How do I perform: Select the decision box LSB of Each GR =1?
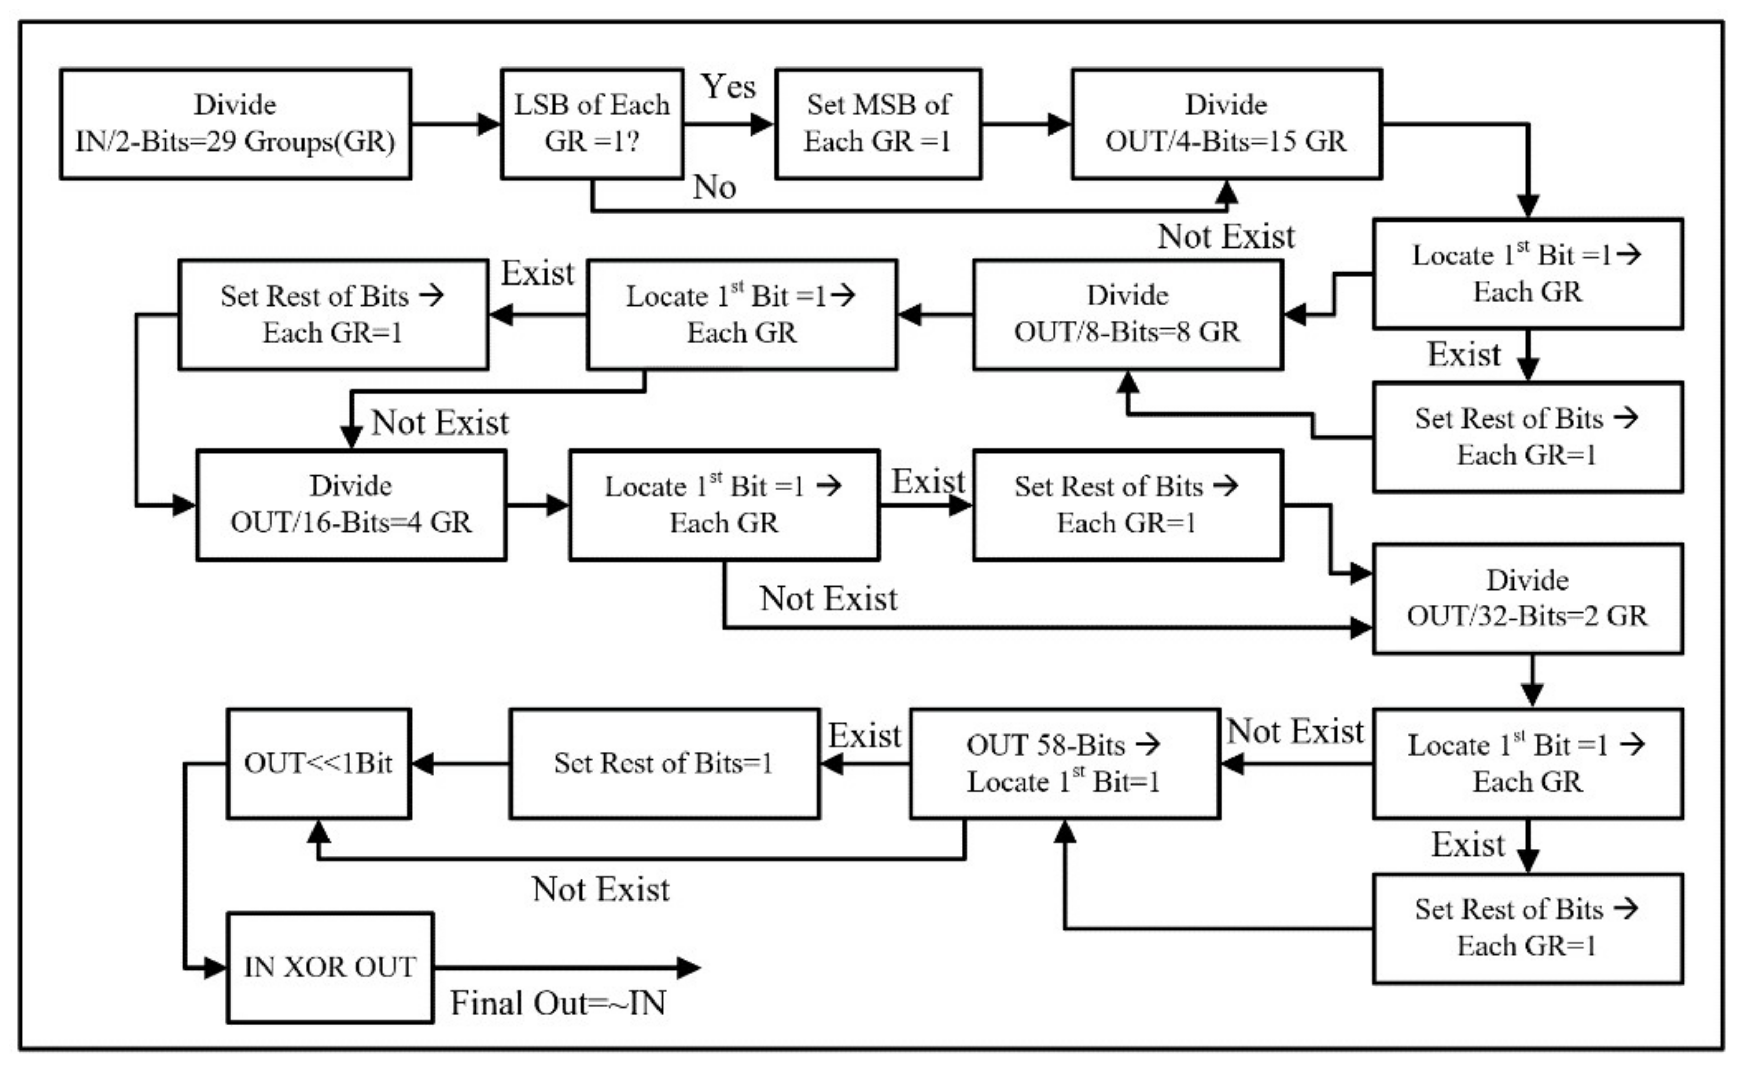pos(591,124)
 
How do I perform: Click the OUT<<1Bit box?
pos(318,763)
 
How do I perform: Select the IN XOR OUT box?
pos(330,967)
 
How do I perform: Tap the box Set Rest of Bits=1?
pos(664,763)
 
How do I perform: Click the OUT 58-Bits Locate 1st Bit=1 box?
pos(1064,763)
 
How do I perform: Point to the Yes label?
pos(729,87)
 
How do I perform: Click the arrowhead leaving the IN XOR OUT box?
pos(687,967)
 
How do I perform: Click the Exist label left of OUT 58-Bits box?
pos(864,736)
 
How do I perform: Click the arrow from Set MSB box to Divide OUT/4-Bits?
pos(1026,124)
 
